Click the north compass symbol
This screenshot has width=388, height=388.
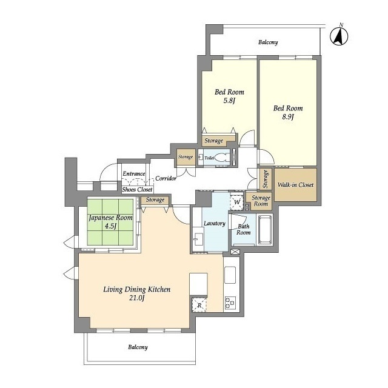pyautogui.click(x=339, y=36)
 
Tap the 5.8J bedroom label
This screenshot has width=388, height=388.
pyautogui.click(x=229, y=96)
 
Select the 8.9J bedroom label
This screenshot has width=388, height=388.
pyautogui.click(x=288, y=112)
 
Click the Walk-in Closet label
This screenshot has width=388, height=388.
pyautogui.click(x=295, y=184)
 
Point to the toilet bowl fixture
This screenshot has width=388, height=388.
pyautogui.click(x=221, y=158)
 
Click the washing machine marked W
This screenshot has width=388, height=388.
pyautogui.click(x=237, y=202)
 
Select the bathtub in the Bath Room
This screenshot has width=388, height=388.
pyautogui.click(x=265, y=229)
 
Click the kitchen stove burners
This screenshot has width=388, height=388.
pyautogui.click(x=230, y=303)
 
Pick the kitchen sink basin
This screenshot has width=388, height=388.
pyautogui.click(x=230, y=275)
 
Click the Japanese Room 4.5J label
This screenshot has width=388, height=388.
pyautogui.click(x=110, y=222)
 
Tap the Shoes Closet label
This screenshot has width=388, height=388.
pyautogui.click(x=138, y=190)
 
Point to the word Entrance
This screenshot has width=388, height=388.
pyautogui.click(x=134, y=174)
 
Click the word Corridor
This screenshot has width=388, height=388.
pyautogui.click(x=166, y=178)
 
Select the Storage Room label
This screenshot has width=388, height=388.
pyautogui.click(x=261, y=201)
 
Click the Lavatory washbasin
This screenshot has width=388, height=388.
pyautogui.click(x=198, y=239)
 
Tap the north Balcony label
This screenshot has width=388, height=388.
pyautogui.click(x=268, y=42)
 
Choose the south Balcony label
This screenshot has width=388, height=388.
pyautogui.click(x=138, y=347)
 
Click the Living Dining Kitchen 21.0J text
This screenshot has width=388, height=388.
pyautogui.click(x=136, y=293)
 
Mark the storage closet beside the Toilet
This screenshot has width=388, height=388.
pyautogui.click(x=186, y=157)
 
